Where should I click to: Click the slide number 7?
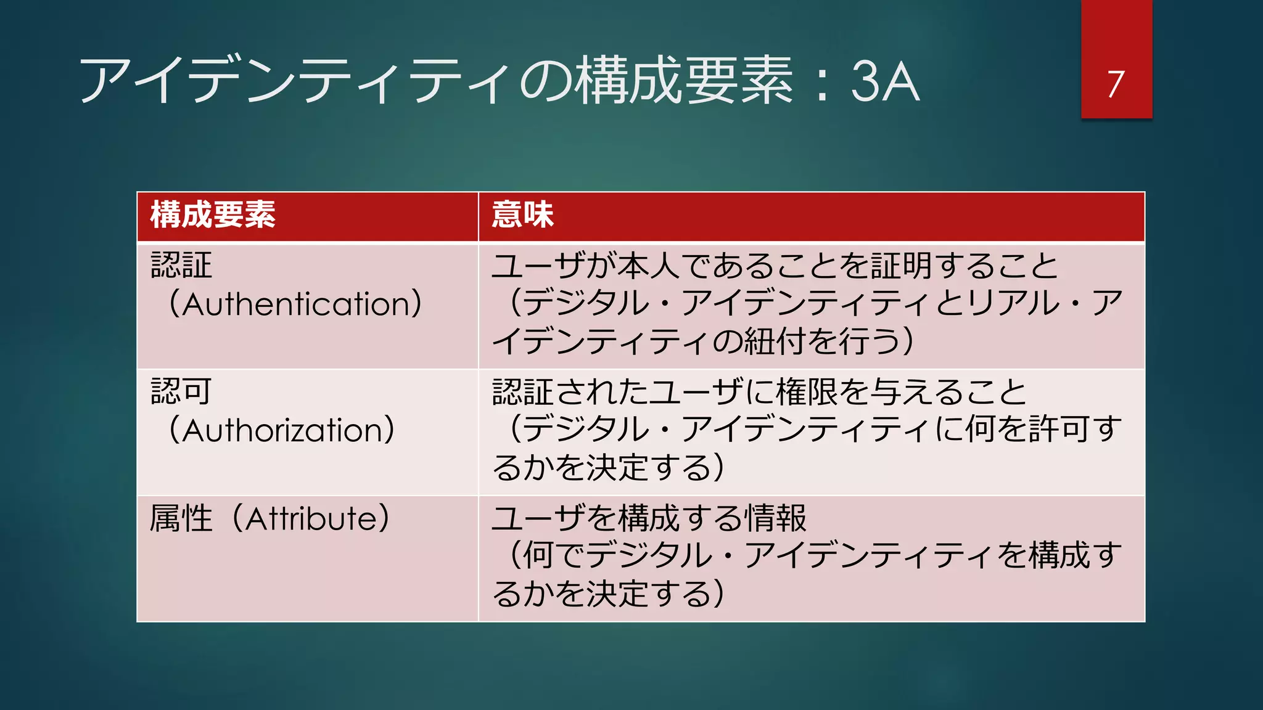[1116, 84]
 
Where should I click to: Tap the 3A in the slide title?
[886, 81]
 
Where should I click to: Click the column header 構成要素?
[213, 215]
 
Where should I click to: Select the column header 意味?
[523, 215]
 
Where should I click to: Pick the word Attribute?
[318, 518]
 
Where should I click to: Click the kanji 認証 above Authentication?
[181, 266]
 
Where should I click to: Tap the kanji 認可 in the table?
[181, 391]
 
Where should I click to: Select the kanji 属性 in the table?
[181, 518]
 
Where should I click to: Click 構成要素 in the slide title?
[684, 81]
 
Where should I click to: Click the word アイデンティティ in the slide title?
[296, 81]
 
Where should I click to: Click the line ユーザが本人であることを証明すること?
[775, 266]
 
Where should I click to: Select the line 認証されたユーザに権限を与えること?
[759, 392]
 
